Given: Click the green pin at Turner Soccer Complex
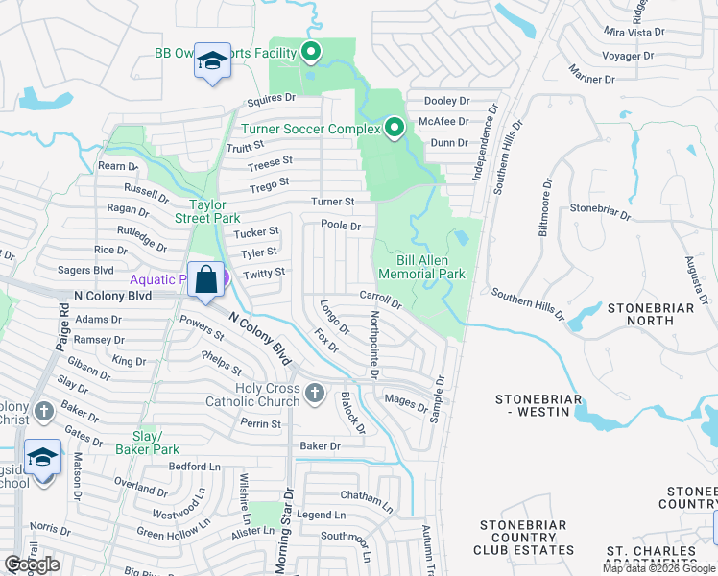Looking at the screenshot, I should pyautogui.click(x=395, y=129).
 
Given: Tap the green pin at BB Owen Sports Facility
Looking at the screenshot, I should pyautogui.click(x=311, y=53).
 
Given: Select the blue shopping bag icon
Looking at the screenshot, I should pyautogui.click(x=205, y=280).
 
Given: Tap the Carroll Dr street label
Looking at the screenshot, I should pyautogui.click(x=380, y=297).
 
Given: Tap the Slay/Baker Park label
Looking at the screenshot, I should pyautogui.click(x=147, y=443).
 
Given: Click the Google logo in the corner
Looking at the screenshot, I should pyautogui.click(x=32, y=564).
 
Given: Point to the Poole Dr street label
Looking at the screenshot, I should pyautogui.click(x=341, y=226).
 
